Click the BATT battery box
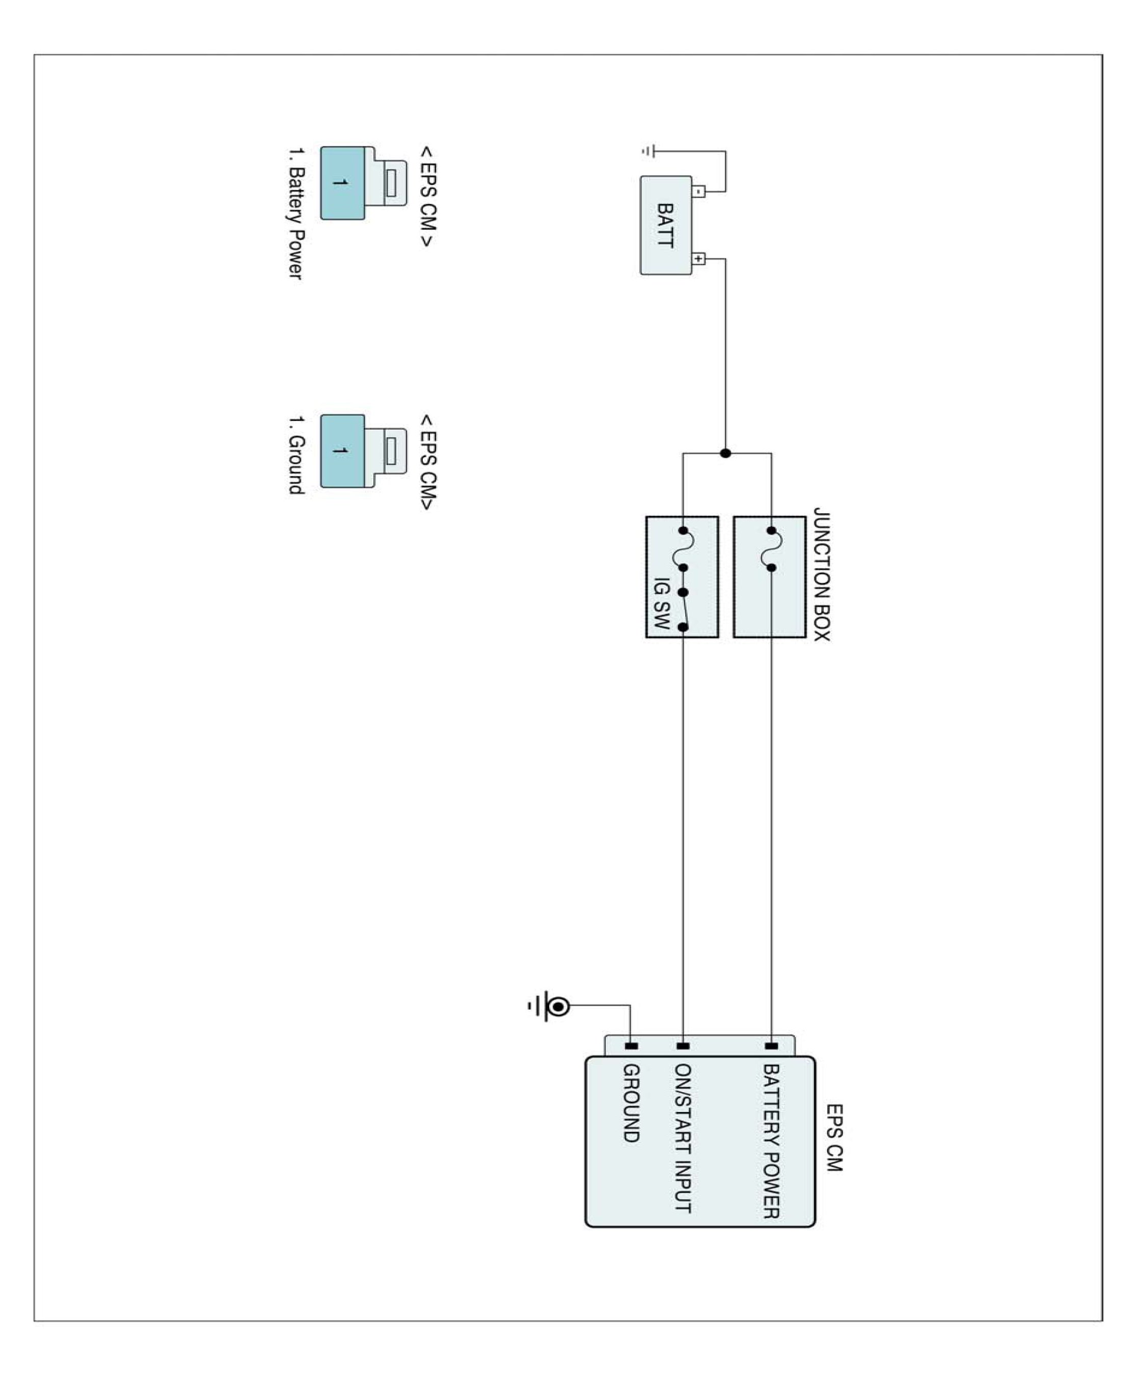coord(665,225)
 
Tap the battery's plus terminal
coord(699,258)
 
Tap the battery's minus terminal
coord(699,191)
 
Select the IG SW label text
coord(662,603)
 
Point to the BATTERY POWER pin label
coord(771,1141)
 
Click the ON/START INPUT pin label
coord(683,1137)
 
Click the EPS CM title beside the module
coord(834,1137)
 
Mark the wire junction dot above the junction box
coord(725,453)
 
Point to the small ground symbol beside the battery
coord(648,152)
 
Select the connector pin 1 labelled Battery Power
coord(342,182)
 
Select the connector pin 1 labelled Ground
coord(342,451)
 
